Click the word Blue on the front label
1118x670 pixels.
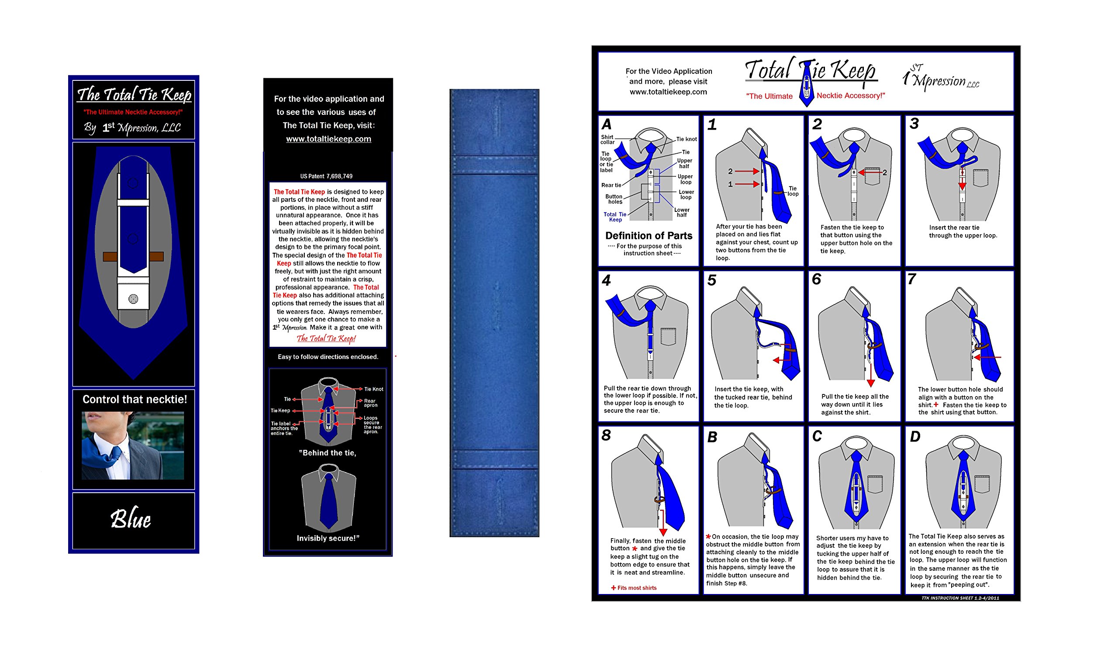click(x=131, y=519)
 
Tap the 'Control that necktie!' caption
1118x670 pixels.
click(x=135, y=400)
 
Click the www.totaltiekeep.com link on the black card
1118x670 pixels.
click(x=328, y=139)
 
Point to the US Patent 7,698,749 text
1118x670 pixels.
click(x=326, y=176)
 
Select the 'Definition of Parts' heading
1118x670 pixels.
click(x=649, y=236)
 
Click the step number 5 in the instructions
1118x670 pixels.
click(x=712, y=281)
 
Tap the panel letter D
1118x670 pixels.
click(x=915, y=437)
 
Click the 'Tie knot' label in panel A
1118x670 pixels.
click(x=686, y=139)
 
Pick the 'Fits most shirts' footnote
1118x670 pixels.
click(x=636, y=588)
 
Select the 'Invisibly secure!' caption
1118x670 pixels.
click(x=328, y=538)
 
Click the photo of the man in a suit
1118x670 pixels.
click(x=133, y=445)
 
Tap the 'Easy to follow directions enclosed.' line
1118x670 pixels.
click(x=328, y=357)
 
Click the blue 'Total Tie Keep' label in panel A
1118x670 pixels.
click(x=615, y=217)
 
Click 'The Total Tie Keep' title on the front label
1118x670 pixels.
click(x=135, y=95)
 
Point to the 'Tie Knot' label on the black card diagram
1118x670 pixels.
click(x=374, y=389)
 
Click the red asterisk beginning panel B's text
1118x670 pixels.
click(x=708, y=537)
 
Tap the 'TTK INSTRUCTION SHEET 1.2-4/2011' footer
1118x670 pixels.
click(x=960, y=598)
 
